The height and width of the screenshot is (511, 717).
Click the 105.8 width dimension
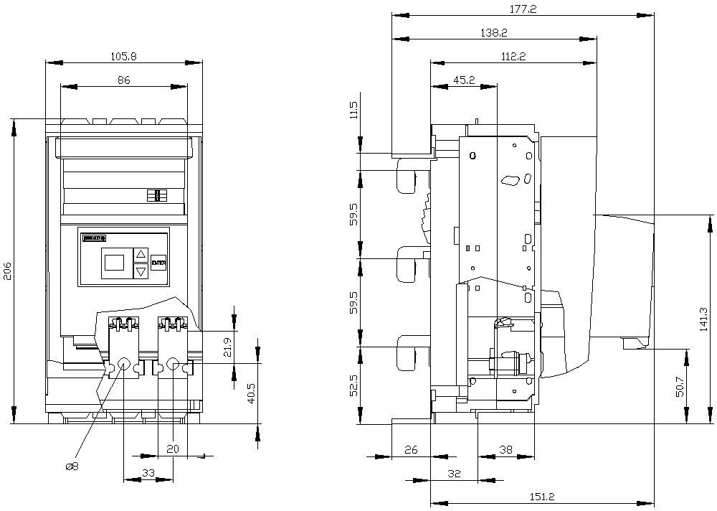[124, 55]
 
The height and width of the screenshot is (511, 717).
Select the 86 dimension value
[124, 80]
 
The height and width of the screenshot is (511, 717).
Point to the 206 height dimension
[7, 271]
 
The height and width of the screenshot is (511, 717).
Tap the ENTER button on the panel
[158, 262]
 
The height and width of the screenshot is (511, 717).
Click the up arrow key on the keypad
[141, 254]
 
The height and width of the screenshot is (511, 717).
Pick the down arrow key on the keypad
[141, 271]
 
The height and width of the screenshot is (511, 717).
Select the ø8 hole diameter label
[72, 467]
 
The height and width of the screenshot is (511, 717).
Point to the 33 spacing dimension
[148, 473]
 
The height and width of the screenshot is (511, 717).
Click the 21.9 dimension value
[228, 347]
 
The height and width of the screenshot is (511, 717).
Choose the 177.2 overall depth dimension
[523, 9]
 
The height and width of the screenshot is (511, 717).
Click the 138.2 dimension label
[494, 32]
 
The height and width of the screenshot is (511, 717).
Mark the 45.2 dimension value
[463, 80]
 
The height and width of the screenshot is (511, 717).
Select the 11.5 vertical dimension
[353, 111]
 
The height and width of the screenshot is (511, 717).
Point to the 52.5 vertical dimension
[353, 385]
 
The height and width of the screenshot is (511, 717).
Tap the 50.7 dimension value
[680, 386]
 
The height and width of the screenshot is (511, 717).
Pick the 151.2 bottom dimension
[542, 496]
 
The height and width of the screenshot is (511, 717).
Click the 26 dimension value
[411, 449]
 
